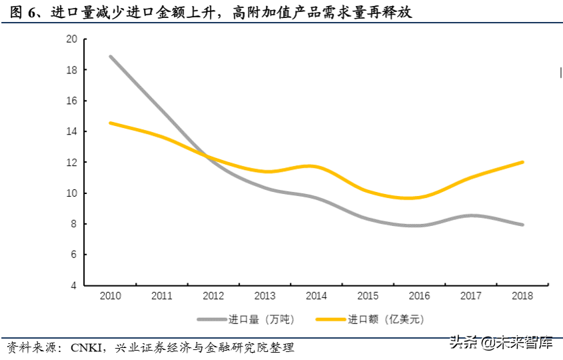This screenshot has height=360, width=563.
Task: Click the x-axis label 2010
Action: pyautogui.click(x=110, y=295)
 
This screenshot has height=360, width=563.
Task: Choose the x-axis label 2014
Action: pyautogui.click(x=316, y=295)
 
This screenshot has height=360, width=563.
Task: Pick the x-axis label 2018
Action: pyautogui.click(x=522, y=295)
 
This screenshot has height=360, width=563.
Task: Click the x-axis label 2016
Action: pyautogui.click(x=419, y=295)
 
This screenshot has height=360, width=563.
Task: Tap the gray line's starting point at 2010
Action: pyautogui.click(x=111, y=57)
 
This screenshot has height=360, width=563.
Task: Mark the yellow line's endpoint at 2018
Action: pyautogui.click(x=522, y=162)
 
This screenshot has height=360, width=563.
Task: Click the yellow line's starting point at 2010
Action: pyautogui.click(x=111, y=123)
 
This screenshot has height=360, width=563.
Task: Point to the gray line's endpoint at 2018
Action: pyautogui.click(x=522, y=225)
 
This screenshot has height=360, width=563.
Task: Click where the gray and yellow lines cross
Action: pyautogui.click(x=206, y=157)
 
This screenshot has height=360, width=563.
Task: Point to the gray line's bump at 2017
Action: pyautogui.click(x=470, y=215)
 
